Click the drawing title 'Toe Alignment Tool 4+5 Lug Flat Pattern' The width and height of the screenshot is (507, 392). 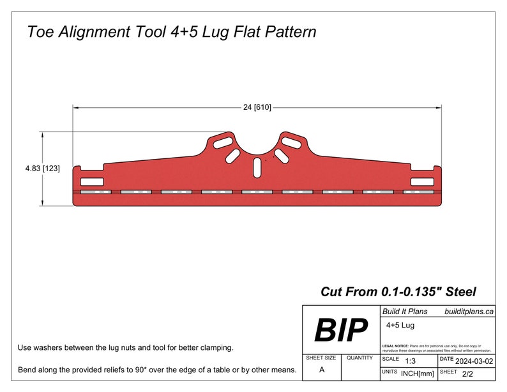point(171,31)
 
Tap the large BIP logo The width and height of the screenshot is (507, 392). point(341,330)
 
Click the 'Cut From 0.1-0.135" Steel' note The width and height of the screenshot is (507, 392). point(398,292)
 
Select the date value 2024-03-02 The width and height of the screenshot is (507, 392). point(474,361)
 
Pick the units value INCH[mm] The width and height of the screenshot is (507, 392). point(418,373)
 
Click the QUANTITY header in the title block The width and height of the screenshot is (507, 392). point(359,358)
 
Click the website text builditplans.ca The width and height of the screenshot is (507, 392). point(469,312)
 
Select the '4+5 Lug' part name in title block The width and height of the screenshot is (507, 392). point(400,325)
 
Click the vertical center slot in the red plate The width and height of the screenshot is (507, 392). point(257,167)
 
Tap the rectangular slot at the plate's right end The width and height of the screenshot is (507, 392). point(421,182)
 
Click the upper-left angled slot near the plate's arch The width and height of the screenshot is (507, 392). point(223,140)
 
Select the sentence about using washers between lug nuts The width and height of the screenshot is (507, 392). point(126,348)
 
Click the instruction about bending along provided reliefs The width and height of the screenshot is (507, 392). point(157,370)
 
